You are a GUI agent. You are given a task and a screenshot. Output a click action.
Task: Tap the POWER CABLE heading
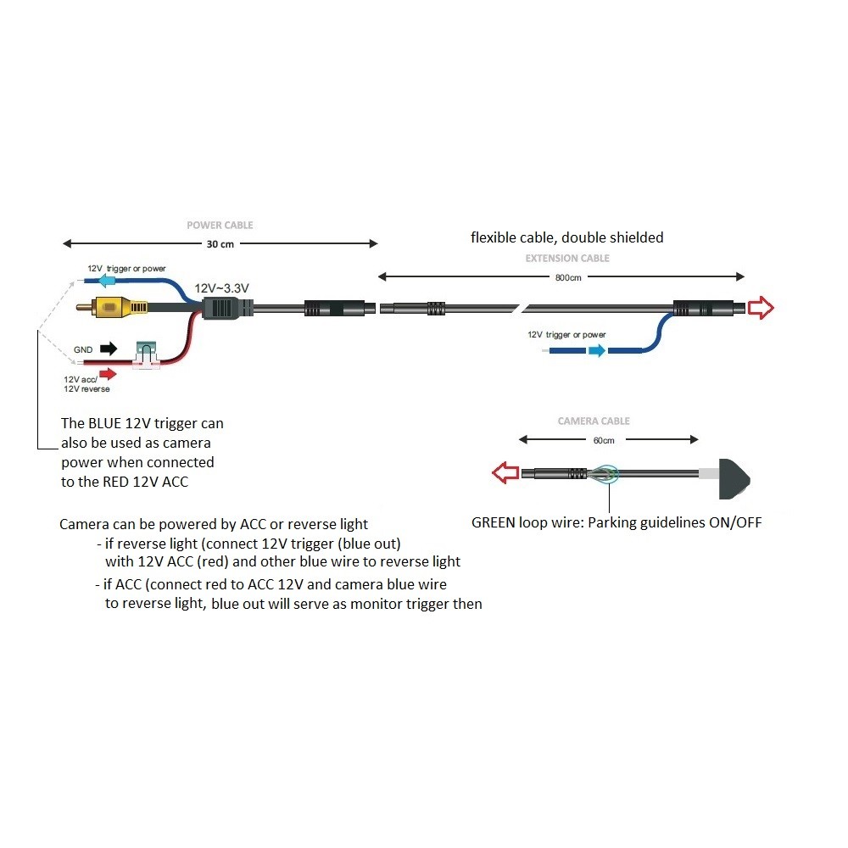click(x=220, y=226)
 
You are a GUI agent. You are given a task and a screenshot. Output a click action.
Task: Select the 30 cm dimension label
click(x=220, y=244)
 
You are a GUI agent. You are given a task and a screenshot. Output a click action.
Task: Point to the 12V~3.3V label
click(x=222, y=288)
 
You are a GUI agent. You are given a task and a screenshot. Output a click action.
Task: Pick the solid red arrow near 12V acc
click(x=107, y=371)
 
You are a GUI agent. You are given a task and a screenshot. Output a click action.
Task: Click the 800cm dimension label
click(x=569, y=277)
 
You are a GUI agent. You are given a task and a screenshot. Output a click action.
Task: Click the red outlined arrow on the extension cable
click(x=762, y=309)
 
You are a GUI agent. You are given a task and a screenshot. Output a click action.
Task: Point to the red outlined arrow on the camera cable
click(x=506, y=474)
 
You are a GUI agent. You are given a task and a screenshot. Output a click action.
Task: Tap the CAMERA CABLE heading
click(x=594, y=421)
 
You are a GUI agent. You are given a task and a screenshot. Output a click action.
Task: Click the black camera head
click(x=734, y=477)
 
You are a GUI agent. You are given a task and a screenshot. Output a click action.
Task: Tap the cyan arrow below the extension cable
click(x=598, y=349)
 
